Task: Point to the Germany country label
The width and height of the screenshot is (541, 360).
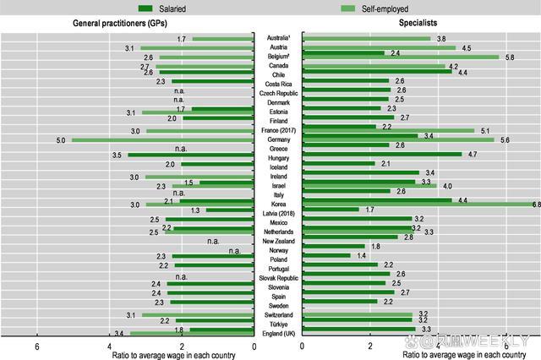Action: click(277, 139)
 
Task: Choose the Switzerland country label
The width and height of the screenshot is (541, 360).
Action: click(277, 314)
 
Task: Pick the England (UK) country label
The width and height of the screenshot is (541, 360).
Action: click(277, 334)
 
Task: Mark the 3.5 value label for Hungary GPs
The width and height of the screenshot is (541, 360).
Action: click(117, 155)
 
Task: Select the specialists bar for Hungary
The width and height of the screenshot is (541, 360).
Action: click(381, 155)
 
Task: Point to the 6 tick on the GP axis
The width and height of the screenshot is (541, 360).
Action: click(37, 346)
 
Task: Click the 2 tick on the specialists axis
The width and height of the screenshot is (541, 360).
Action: click(369, 346)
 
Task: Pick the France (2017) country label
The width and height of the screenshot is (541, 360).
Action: click(277, 130)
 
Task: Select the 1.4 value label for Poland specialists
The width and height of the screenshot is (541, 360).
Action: click(361, 255)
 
